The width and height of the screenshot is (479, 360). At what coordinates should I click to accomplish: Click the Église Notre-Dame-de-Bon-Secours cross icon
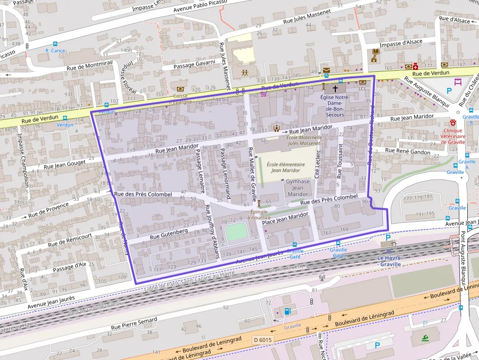(x=335, y=89)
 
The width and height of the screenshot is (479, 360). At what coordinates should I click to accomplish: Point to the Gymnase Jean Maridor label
(x=298, y=188)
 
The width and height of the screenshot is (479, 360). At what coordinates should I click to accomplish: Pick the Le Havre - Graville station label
(x=389, y=261)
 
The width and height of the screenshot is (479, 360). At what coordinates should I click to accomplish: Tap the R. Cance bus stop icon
(x=55, y=43)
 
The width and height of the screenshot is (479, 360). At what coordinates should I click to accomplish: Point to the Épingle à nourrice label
(x=259, y=214)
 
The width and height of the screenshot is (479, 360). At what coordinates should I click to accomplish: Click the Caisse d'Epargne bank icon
(x=180, y=89)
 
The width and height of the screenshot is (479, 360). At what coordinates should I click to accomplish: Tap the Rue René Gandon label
(x=408, y=152)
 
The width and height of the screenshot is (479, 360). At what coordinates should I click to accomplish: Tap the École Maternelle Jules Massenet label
(x=303, y=140)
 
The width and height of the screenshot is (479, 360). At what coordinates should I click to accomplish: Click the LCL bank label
(x=362, y=89)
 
